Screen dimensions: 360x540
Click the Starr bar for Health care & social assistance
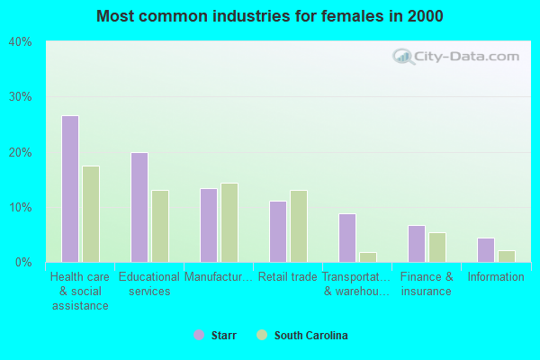(70, 189)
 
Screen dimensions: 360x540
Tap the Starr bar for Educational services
(139, 207)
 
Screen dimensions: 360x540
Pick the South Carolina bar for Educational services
(160, 226)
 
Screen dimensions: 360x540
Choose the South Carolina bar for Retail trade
(299, 226)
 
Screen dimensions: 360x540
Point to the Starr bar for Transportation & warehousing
(347, 238)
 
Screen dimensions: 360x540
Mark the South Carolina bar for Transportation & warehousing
(368, 257)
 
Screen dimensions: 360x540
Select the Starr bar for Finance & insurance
(417, 244)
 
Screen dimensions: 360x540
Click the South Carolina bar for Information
(507, 256)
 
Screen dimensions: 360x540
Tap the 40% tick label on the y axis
(21, 42)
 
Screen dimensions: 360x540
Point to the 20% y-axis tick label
(21, 152)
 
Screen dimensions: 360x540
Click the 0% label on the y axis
(23, 263)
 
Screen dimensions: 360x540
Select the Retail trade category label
(287, 277)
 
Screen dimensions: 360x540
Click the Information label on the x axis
(495, 277)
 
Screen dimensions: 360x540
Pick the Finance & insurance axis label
(427, 284)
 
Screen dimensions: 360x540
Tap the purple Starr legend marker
(199, 336)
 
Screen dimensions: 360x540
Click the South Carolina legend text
(310, 336)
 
